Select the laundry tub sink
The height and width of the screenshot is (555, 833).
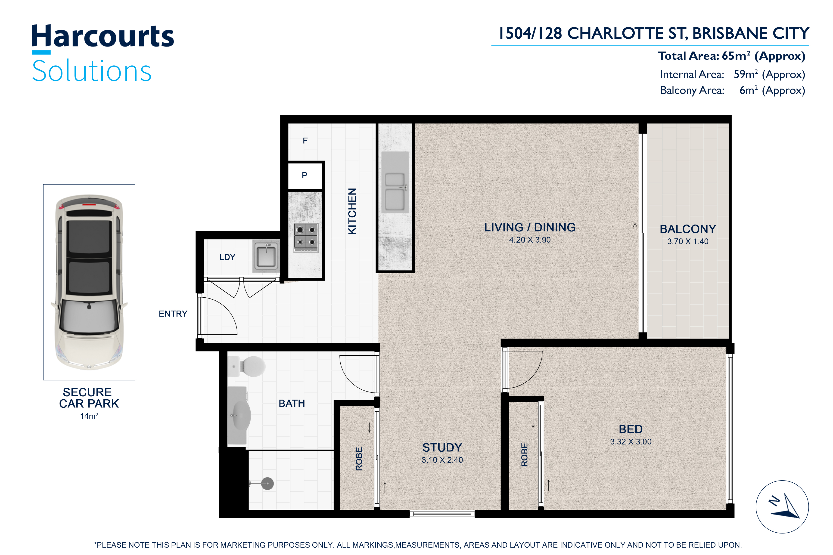click(266, 256)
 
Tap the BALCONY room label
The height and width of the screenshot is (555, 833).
click(688, 229)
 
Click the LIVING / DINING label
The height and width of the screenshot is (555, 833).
click(530, 227)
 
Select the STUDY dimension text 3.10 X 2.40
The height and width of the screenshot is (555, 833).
click(442, 460)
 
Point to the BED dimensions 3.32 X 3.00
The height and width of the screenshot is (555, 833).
click(631, 441)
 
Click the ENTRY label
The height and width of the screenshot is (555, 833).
click(173, 314)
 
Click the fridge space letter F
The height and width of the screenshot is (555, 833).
click(305, 141)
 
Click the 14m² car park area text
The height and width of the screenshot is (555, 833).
click(89, 416)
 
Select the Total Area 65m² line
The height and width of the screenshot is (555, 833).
click(732, 56)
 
